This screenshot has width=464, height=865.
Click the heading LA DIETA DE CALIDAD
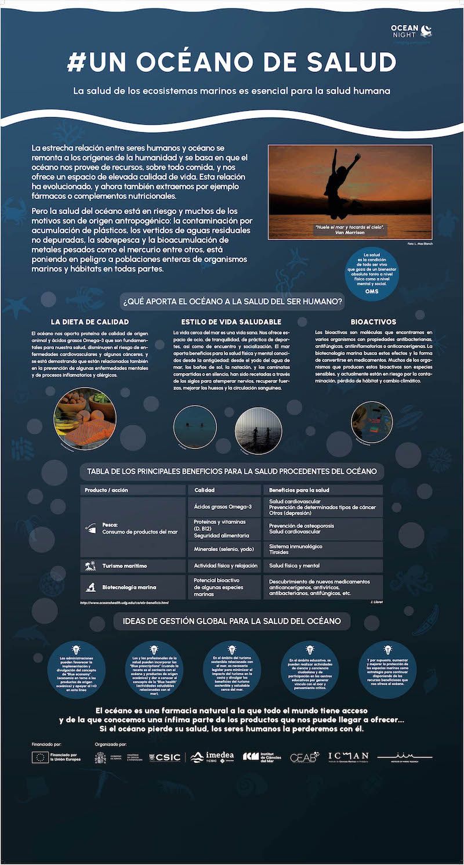(x=90, y=321)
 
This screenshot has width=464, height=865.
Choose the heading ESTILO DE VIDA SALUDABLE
(x=231, y=321)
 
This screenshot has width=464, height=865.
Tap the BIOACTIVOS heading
(x=374, y=321)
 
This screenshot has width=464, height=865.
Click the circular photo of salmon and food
(x=85, y=418)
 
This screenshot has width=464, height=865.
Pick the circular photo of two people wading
(x=258, y=430)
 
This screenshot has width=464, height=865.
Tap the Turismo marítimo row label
(x=124, y=566)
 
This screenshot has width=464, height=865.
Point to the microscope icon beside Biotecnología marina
(x=90, y=587)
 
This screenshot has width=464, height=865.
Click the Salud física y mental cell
(x=295, y=566)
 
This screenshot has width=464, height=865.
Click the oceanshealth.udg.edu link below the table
(x=124, y=603)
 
